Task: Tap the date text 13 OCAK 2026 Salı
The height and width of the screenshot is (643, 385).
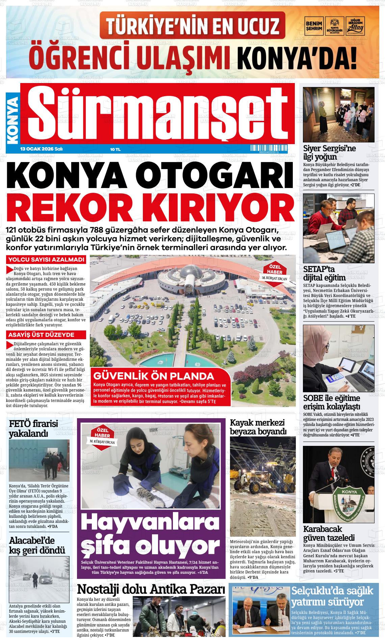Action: pyautogui.click(x=42, y=149)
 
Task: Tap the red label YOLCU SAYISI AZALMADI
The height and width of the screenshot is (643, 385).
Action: pyautogui.click(x=46, y=260)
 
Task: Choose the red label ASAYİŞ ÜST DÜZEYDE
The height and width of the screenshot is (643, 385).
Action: pyautogui.click(x=46, y=335)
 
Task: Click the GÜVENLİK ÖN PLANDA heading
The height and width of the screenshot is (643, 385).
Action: pyautogui.click(x=154, y=376)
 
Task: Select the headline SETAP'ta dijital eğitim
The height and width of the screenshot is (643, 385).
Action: pyautogui.click(x=324, y=273)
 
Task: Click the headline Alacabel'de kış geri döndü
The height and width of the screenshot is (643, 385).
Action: pyautogui.click(x=37, y=545)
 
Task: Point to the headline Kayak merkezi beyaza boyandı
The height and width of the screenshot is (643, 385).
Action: pyautogui.click(x=258, y=427)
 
